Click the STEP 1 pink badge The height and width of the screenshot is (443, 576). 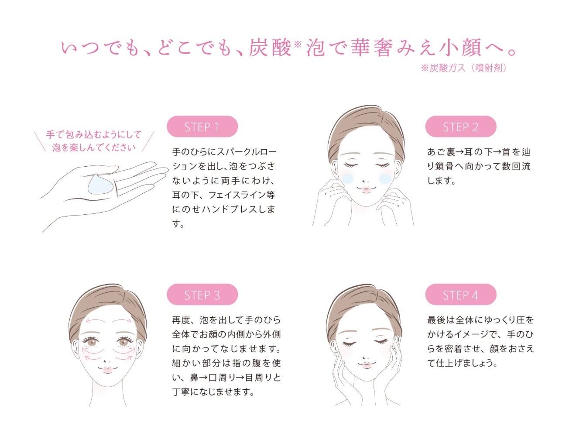click(x=202, y=127)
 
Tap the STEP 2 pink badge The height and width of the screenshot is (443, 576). click(x=461, y=127)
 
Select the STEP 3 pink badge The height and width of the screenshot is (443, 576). click(x=202, y=294)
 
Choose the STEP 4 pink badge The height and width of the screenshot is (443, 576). click(x=461, y=294)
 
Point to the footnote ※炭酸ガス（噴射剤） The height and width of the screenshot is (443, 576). click(x=464, y=68)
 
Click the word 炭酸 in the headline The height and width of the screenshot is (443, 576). click(x=270, y=48)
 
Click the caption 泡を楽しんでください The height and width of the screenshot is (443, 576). click(x=94, y=147)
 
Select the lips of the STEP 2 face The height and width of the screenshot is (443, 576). click(x=366, y=189)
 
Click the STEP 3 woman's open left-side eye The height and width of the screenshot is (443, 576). click(x=92, y=342)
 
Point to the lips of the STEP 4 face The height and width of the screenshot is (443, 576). click(x=367, y=365)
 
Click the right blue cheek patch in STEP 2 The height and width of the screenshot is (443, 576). click(x=385, y=179)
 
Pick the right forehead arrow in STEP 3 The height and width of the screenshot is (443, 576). click(x=122, y=320)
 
